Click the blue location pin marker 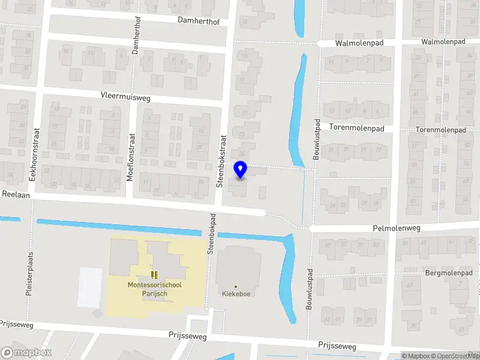(x=240, y=169)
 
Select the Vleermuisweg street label (x=125, y=96)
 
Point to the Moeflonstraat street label (x=131, y=161)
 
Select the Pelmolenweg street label (x=397, y=229)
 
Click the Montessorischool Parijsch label (x=154, y=289)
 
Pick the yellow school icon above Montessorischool (x=154, y=275)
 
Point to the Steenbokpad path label (x=211, y=233)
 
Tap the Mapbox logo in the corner (x=26, y=353)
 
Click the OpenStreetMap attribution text (x=451, y=356)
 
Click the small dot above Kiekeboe (x=236, y=286)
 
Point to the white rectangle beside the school (x=90, y=287)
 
